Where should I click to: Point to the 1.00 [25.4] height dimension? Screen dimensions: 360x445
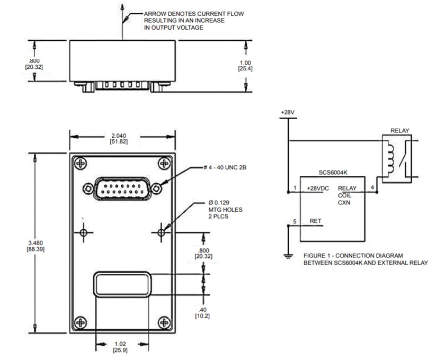tap(246, 65)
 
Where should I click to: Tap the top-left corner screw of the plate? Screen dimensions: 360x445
tap(81, 164)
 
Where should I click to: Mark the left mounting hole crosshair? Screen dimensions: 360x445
tap(84, 232)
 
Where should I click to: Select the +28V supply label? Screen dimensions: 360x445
tap(287, 113)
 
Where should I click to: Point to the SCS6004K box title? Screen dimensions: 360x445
tap(332, 173)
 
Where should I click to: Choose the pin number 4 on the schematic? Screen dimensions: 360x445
tap(372, 187)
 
